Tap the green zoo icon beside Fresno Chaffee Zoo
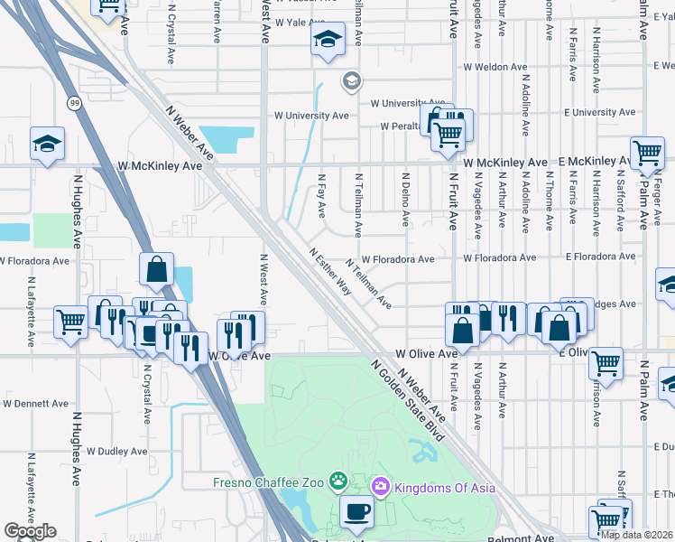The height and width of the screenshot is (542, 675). [337, 480]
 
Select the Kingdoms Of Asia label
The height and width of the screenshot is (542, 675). [443, 488]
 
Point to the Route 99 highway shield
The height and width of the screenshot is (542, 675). [71, 105]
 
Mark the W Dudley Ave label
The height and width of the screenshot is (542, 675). [116, 451]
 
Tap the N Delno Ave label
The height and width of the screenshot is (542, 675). [406, 200]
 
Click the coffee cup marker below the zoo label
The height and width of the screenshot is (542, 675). [356, 511]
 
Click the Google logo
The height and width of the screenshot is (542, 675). [30, 531]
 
